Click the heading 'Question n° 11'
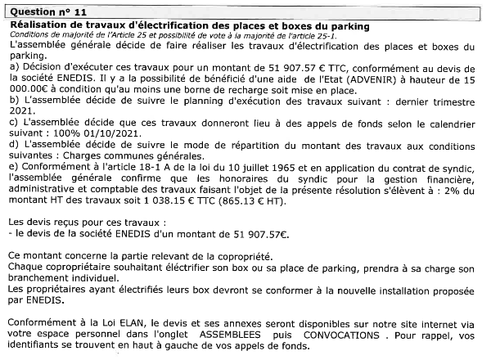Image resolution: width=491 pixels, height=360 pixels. click(x=45, y=9)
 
